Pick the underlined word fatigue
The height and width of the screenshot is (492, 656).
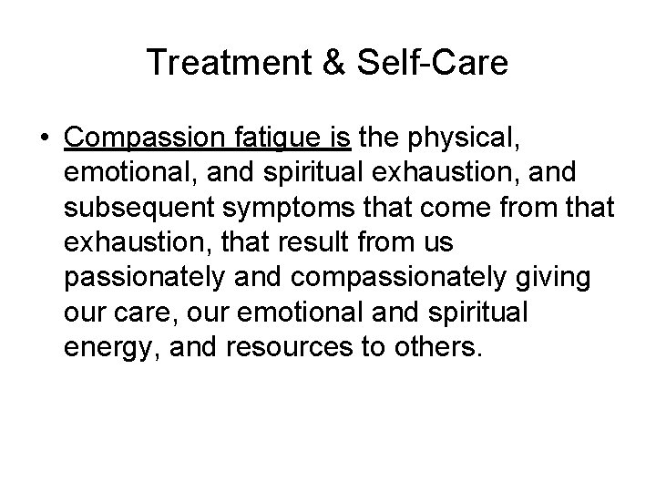coord(282,138)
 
